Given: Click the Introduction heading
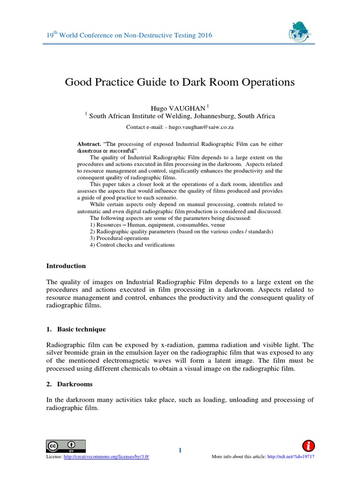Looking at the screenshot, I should (x=66, y=266).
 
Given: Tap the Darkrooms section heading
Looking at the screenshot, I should (x=75, y=384).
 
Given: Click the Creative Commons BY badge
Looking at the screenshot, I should (x=66, y=446).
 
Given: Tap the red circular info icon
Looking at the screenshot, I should (x=308, y=446).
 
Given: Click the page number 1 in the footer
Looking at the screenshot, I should (x=180, y=451).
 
